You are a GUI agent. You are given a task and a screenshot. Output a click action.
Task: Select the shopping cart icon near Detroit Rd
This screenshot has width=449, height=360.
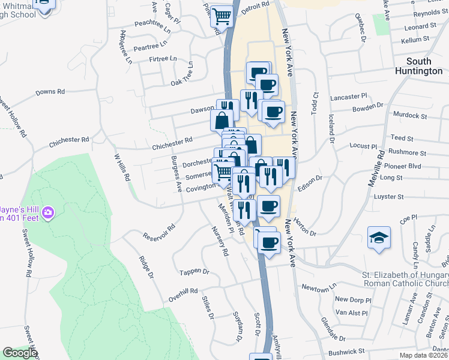(x=222, y=17)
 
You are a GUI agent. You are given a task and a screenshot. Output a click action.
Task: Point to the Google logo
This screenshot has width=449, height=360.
(x=19, y=353)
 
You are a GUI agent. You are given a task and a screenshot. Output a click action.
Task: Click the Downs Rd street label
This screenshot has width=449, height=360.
(x=50, y=92)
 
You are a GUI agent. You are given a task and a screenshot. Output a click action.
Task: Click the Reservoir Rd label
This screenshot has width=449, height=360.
(x=158, y=232)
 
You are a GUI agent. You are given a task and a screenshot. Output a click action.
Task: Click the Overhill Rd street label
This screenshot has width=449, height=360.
(x=183, y=295)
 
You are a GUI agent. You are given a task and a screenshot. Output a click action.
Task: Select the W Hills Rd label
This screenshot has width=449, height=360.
(x=122, y=166)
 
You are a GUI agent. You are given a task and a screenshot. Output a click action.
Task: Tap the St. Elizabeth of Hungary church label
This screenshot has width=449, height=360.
(x=405, y=280)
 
